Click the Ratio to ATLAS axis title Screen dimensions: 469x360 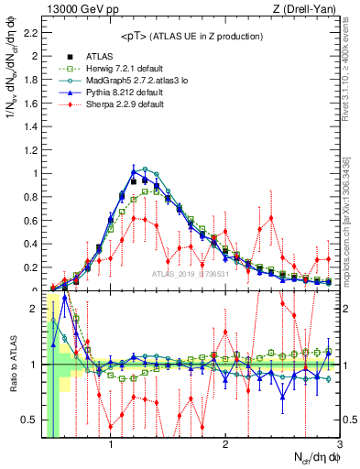11,364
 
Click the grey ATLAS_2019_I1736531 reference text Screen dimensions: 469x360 191,274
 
